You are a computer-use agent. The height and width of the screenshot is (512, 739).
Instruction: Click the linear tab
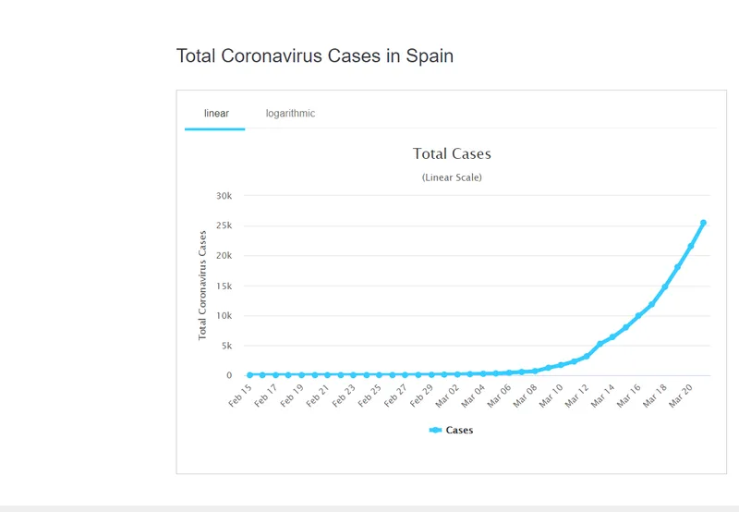coord(216,114)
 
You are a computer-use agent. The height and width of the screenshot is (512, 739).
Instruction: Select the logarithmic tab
coord(290,114)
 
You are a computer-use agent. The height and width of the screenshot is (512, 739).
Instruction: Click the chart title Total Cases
coord(452,154)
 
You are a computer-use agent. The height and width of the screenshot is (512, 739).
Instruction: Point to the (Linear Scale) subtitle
coord(452,177)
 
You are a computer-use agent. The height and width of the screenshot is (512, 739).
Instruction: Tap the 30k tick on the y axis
coord(224,196)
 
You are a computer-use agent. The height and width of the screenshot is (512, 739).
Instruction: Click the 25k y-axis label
coord(224,226)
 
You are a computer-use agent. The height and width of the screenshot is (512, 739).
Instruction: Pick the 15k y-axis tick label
coord(224,286)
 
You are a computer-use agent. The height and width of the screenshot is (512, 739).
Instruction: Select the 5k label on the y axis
coord(227,346)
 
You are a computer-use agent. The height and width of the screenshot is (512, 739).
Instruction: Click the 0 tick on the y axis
coord(228,375)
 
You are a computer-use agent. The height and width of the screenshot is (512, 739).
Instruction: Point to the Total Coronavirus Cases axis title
coord(203,285)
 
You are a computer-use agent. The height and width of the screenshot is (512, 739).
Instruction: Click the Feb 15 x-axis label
coord(239,395)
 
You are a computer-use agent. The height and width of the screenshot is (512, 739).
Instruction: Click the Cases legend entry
coord(452,430)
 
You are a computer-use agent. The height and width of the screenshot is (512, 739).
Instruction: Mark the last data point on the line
coord(703,223)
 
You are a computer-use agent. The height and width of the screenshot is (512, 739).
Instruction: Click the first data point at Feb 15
coord(249,375)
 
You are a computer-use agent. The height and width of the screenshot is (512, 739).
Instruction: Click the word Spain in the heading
coord(430,56)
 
